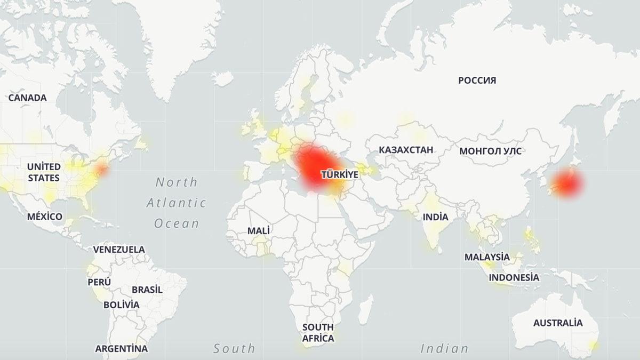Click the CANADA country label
[x=27, y=98]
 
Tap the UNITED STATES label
[x=44, y=172]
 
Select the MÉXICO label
[x=45, y=217]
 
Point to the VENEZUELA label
[x=119, y=249]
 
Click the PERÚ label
[x=100, y=282]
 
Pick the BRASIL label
[x=147, y=290]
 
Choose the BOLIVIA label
[x=122, y=305]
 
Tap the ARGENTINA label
[x=122, y=349]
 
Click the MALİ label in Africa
[x=259, y=231]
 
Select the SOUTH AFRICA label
[x=318, y=332]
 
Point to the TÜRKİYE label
[x=339, y=174]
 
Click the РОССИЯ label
[x=477, y=81]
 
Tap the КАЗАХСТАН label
[x=406, y=149]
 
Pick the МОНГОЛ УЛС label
[x=490, y=151]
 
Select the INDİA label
[x=436, y=217]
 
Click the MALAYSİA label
[x=487, y=257]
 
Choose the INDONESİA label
[x=514, y=277]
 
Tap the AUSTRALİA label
[x=558, y=323]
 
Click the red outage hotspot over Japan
[x=566, y=182]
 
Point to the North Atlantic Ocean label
[x=177, y=203]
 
